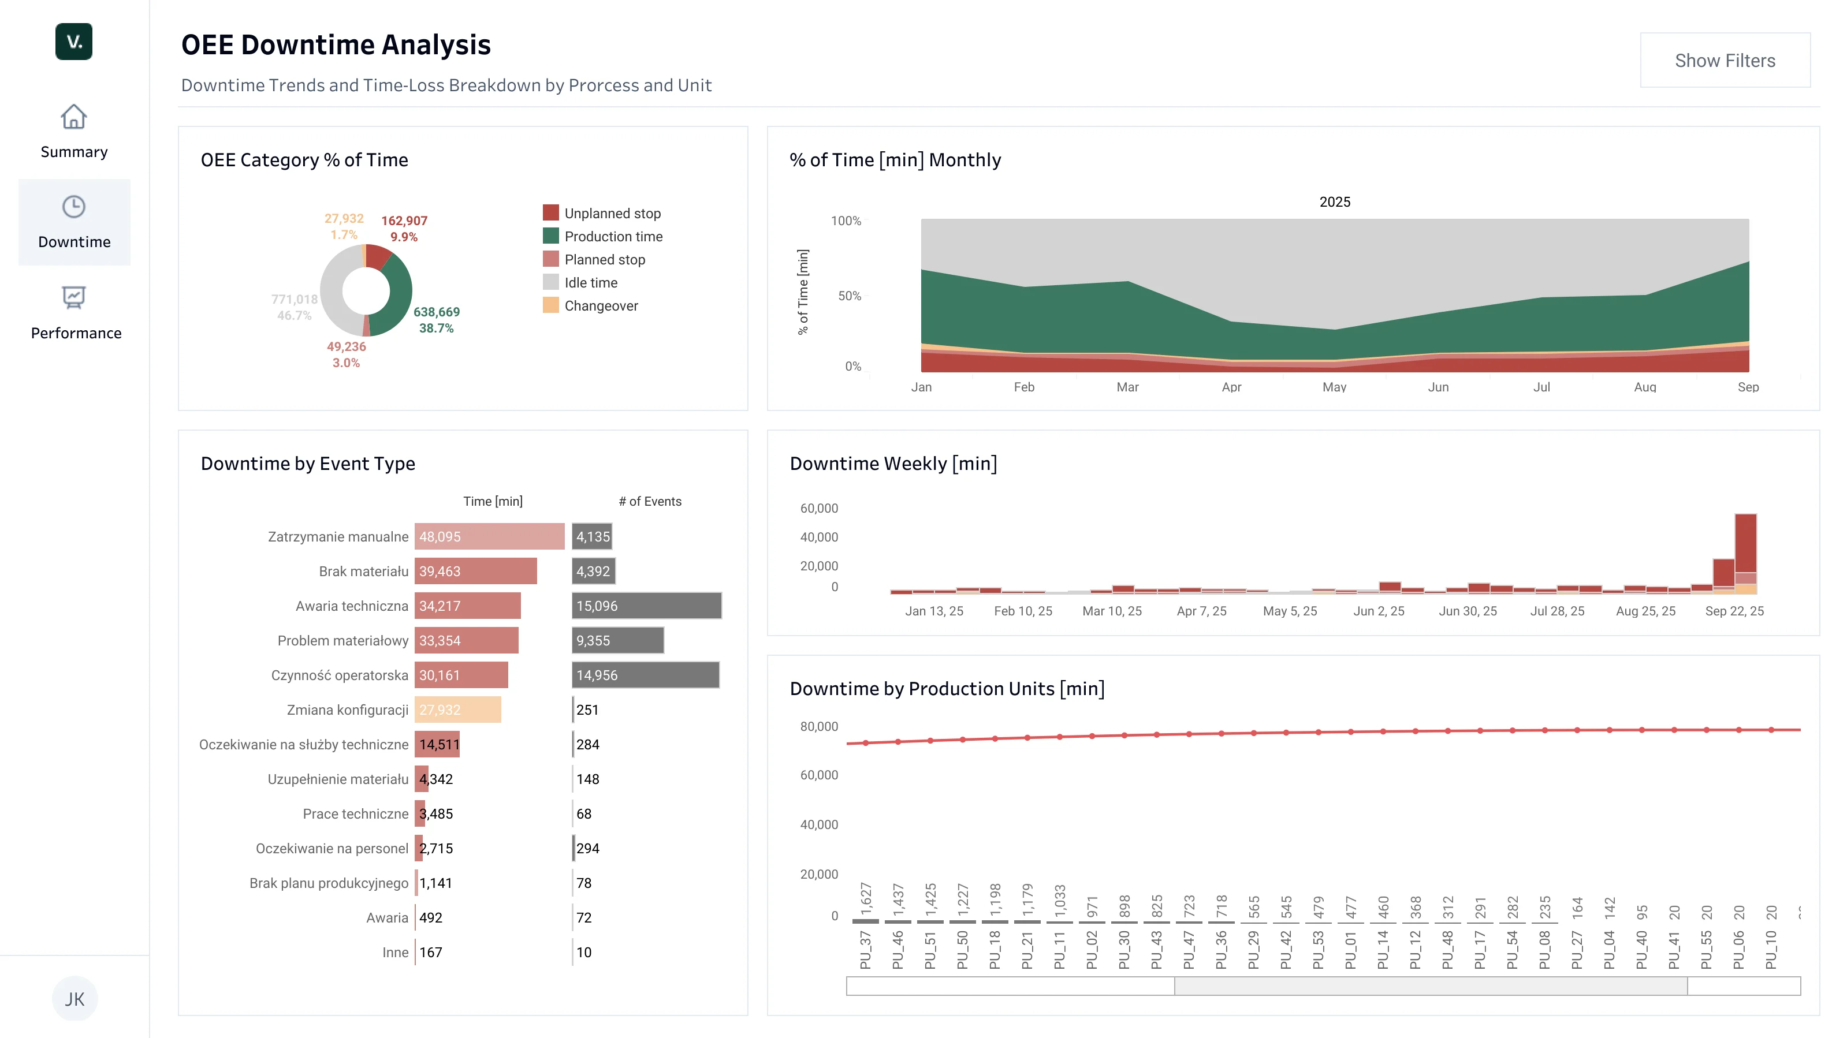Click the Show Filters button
coord(1725,60)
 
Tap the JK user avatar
coord(75,999)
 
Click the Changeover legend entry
coord(590,305)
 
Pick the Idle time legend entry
coord(580,282)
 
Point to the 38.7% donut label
coord(436,328)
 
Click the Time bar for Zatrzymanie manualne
coord(489,536)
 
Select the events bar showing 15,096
coord(646,606)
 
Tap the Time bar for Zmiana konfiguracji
coord(457,710)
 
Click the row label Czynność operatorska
coord(339,675)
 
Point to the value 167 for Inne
coord(431,952)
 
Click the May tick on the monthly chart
coord(1334,387)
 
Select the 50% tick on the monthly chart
coord(849,296)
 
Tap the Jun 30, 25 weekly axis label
coord(1467,611)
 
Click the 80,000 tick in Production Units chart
coord(819,726)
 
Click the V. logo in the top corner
coord(74,42)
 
